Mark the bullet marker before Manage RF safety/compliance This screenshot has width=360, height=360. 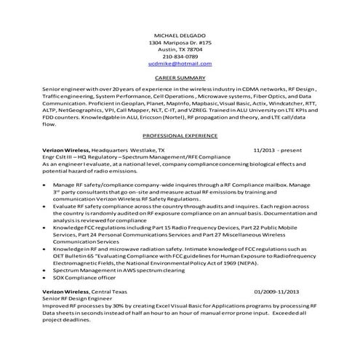(47, 185)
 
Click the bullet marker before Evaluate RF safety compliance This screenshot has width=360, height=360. (47, 207)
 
